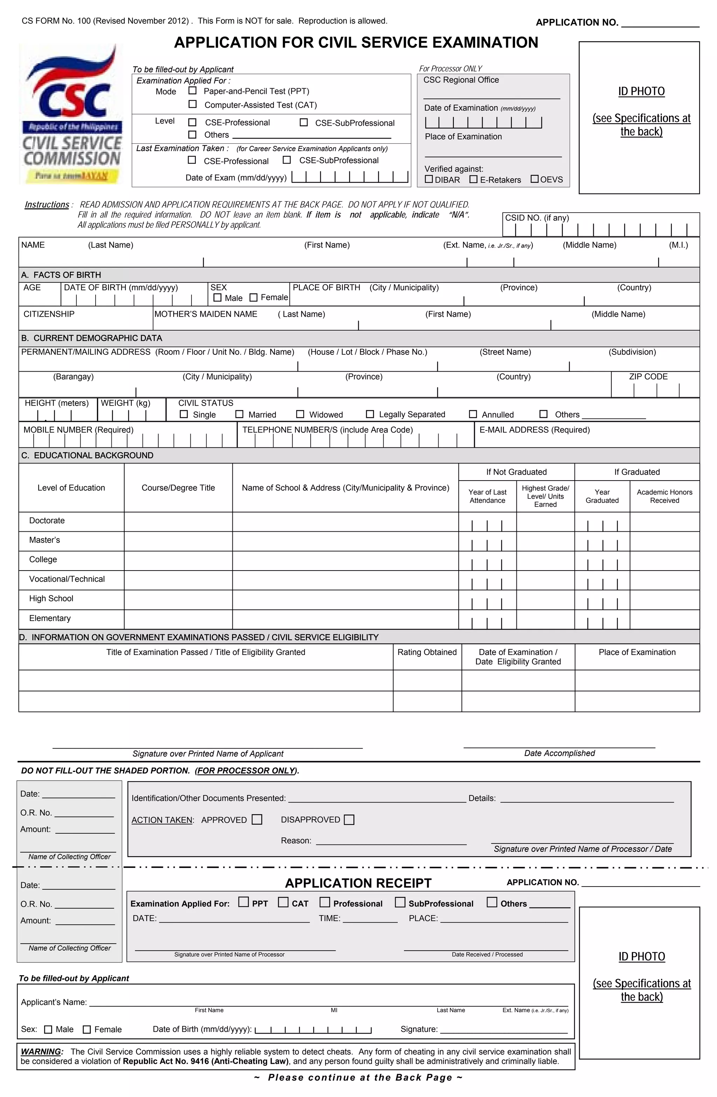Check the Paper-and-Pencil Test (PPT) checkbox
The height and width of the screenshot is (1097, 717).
point(193,91)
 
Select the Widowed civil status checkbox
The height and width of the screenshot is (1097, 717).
point(300,414)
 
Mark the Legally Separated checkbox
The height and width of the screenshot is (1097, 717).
point(370,414)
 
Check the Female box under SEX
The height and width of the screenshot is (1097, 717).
point(253,297)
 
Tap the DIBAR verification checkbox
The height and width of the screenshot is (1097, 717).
point(429,179)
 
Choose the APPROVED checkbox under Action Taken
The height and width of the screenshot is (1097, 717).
point(257,819)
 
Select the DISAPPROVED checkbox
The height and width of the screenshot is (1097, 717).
point(349,819)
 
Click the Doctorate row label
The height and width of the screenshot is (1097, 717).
point(47,520)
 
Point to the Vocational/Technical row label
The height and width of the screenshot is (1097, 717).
point(67,579)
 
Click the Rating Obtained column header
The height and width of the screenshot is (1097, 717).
point(427,652)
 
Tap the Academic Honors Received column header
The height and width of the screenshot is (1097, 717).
point(664,496)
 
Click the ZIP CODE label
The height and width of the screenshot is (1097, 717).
point(648,376)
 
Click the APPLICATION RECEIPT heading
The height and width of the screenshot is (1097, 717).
point(358,883)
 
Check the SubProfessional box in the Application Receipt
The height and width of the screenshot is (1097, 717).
point(400,902)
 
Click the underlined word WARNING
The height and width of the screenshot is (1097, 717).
point(41,1051)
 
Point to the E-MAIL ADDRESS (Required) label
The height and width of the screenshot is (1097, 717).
point(535,429)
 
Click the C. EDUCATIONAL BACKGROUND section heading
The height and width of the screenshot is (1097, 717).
point(87,455)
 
